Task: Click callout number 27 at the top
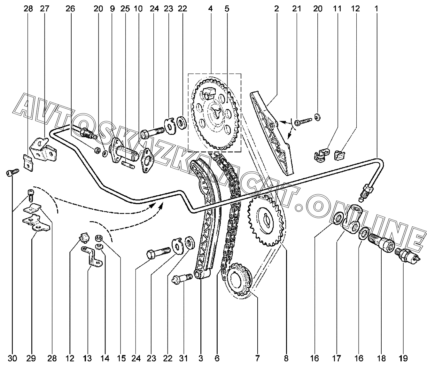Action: pyautogui.click(x=44, y=9)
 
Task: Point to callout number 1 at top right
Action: pyautogui.click(x=376, y=9)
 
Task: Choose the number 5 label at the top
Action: pyautogui.click(x=227, y=9)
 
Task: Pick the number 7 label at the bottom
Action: pyautogui.click(x=257, y=358)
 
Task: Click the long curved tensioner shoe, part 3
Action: pyautogui.click(x=206, y=217)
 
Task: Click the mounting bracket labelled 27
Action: pyautogui.click(x=43, y=150)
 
